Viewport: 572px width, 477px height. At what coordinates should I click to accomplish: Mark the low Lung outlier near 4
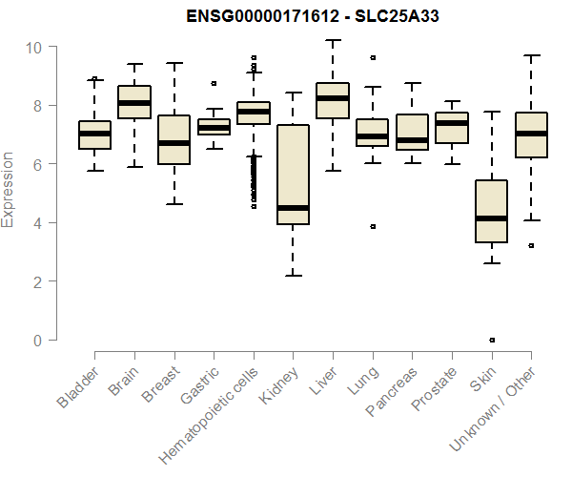coord(373,226)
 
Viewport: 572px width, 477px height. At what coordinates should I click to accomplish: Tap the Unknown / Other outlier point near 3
coord(531,245)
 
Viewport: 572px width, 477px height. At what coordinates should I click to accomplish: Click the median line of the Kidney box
coord(293,207)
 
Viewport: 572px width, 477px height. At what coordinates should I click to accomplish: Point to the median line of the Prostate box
coord(452,123)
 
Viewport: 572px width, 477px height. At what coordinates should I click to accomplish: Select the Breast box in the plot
coord(174,139)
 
